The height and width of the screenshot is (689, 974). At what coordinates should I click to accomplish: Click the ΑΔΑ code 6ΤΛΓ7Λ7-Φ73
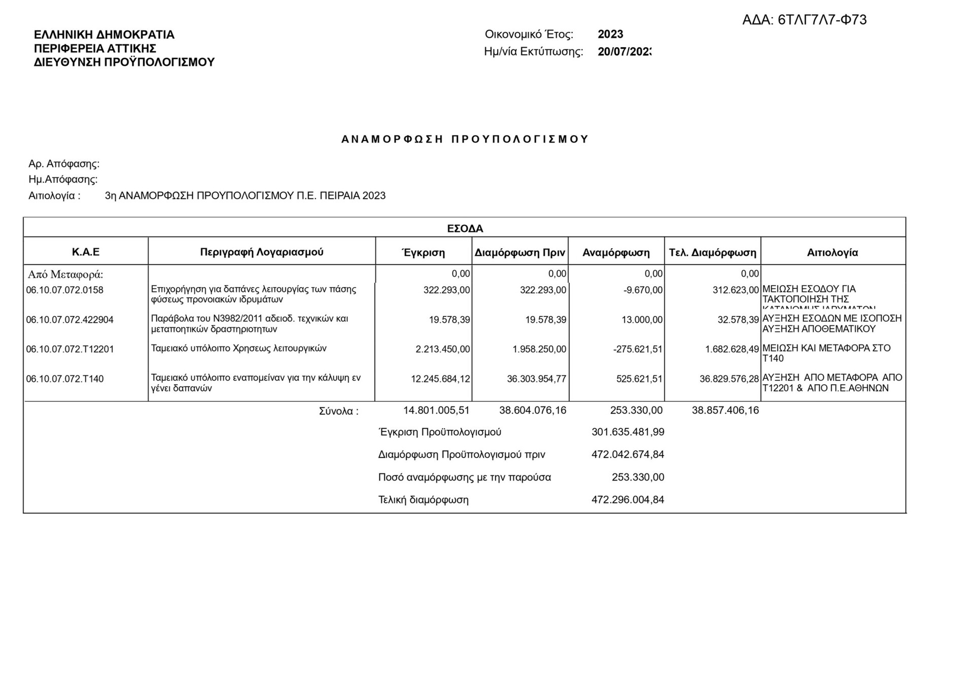[804, 20]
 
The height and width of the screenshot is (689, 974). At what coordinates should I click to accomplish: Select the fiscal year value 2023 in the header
[610, 35]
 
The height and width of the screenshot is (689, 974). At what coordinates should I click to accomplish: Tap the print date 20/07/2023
[624, 52]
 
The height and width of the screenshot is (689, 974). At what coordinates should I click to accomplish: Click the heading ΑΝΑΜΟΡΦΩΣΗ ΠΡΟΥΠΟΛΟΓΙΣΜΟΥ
[465, 140]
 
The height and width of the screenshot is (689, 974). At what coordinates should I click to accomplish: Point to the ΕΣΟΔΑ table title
[465, 229]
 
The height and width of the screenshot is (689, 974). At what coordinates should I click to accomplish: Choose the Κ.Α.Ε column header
[86, 252]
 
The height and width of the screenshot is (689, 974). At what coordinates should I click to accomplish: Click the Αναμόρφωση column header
[616, 253]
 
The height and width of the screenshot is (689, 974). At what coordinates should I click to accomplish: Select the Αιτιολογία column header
[832, 253]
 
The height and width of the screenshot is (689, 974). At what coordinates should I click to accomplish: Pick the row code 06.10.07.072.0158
[64, 290]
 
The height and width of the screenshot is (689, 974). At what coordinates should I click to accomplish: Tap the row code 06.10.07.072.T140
[64, 379]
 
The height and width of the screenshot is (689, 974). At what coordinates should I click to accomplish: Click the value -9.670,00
[643, 290]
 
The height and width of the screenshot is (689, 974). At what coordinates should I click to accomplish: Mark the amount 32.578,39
[738, 320]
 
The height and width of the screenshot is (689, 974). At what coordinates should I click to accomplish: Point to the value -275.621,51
[638, 350]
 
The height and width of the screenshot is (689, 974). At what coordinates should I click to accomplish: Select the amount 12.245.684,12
[440, 379]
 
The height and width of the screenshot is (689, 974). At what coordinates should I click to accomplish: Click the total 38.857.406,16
[725, 410]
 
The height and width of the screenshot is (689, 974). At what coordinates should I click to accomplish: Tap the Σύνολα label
[338, 411]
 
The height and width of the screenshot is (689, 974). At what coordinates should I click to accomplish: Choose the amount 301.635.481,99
[628, 432]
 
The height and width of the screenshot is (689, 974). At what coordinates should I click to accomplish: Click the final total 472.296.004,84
[628, 500]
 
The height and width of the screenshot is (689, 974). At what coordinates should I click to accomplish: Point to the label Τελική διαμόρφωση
[423, 500]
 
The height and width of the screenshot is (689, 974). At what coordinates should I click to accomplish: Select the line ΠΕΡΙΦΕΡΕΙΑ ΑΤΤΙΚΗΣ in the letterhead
[95, 49]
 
